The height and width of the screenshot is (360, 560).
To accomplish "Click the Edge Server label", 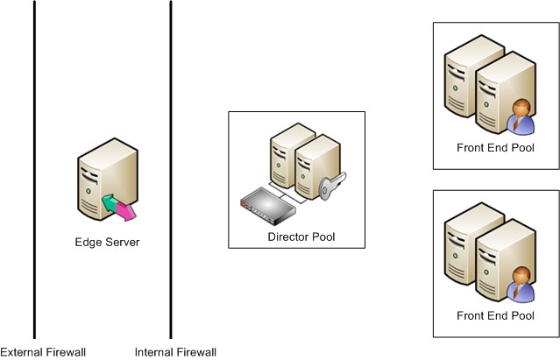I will [x=108, y=242].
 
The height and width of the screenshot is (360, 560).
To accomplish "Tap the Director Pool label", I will [x=301, y=237].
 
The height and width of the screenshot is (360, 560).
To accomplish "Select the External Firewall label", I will [x=43, y=352].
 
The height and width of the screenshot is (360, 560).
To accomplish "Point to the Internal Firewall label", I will [x=175, y=352].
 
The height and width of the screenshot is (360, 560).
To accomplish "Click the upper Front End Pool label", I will [x=495, y=148].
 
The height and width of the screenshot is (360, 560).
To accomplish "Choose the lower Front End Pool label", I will [x=495, y=315].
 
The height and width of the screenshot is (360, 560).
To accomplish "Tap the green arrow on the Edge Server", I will [x=110, y=203].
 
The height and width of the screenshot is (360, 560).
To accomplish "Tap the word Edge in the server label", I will [x=87, y=242].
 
